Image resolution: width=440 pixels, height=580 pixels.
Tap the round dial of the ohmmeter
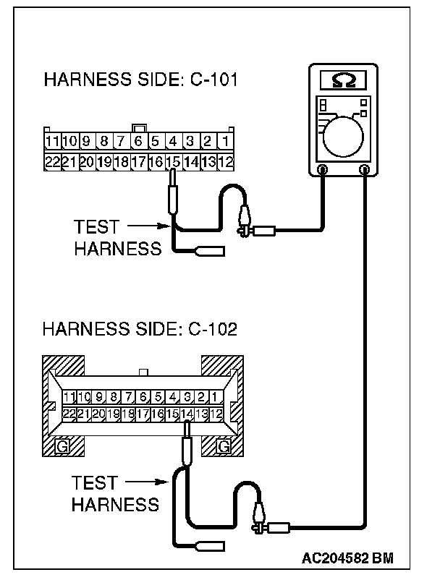pos(344,134)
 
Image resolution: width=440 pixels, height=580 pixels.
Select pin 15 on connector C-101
pos(173,162)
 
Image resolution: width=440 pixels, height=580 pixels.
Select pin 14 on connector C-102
pos(187,414)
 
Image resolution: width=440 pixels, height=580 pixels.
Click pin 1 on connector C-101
pos(225,141)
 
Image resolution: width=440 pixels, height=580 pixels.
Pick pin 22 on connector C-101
pos(52,162)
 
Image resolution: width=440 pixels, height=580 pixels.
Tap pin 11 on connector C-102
pos(69,396)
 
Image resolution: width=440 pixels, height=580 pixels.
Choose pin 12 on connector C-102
pos(219,414)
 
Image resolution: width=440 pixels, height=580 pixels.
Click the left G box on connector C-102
pos(63,446)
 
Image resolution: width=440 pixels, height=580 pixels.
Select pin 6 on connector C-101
pos(138,141)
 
